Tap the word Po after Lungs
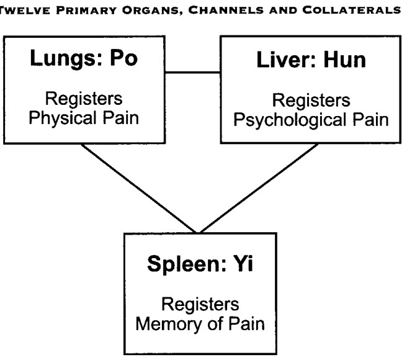click(124, 58)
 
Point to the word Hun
click(345, 60)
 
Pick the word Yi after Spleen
click(243, 263)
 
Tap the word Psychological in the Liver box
click(290, 120)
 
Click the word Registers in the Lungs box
click(84, 99)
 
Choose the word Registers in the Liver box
click(311, 101)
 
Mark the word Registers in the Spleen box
click(200, 304)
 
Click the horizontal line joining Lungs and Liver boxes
click(192, 72)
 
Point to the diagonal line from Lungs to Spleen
click(138, 188)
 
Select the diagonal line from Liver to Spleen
click(259, 188)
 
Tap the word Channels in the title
click(226, 11)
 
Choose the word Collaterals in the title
click(352, 10)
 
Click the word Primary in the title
click(87, 11)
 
